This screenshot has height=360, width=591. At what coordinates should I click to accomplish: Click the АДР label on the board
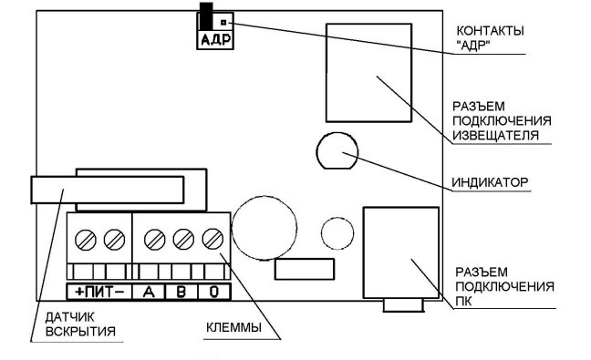tap(215, 39)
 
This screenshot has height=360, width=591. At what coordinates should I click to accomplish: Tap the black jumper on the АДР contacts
tap(206, 15)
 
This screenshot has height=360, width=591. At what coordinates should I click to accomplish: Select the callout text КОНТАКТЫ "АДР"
tap(490, 38)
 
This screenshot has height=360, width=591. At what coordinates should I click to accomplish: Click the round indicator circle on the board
tap(337, 150)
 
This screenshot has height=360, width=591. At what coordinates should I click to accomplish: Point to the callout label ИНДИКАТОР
tap(490, 182)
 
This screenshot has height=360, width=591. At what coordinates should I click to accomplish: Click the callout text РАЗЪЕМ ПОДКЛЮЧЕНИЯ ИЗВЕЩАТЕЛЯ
tap(502, 121)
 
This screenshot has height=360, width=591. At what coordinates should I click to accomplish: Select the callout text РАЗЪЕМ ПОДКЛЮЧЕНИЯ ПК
tap(504, 286)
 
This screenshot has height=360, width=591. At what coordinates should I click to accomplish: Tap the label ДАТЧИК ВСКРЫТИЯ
tap(80, 324)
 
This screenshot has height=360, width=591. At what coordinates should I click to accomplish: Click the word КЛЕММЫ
tap(233, 327)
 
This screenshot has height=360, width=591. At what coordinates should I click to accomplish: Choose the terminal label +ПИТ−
tap(99, 292)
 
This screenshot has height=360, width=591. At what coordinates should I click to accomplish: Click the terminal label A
tap(149, 292)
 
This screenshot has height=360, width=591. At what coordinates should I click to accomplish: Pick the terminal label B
tap(181, 292)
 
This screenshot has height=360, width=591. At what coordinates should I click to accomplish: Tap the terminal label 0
tap(214, 292)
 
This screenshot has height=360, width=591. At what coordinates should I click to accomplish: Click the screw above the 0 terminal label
tap(213, 239)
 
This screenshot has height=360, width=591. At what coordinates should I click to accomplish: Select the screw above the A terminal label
tap(154, 240)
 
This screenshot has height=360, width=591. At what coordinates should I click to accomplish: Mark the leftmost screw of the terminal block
tap(86, 240)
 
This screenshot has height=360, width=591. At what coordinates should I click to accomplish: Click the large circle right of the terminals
tap(264, 228)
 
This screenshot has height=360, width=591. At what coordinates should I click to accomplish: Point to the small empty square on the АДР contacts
tap(223, 23)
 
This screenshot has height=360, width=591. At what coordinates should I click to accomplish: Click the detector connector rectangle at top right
tap(368, 73)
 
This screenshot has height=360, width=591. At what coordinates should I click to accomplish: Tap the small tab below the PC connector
tap(404, 305)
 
